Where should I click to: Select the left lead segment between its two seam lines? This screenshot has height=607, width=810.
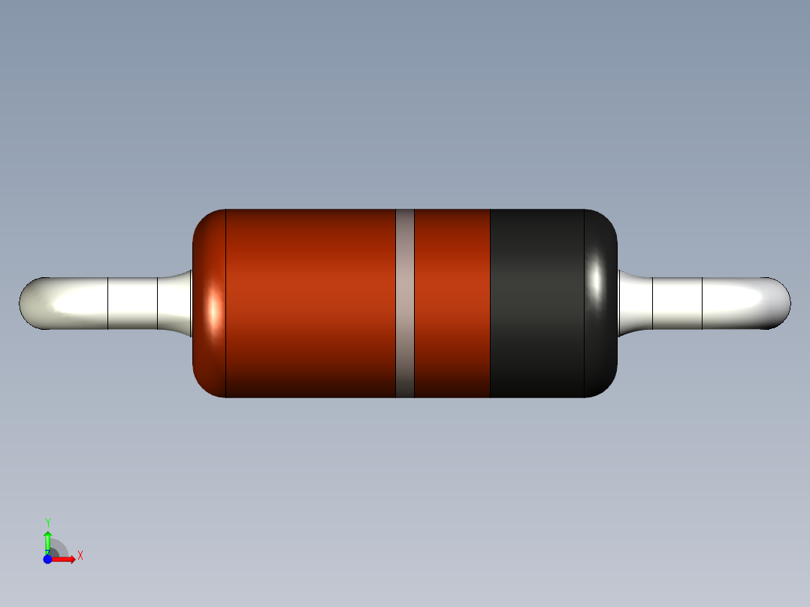(x=132, y=303)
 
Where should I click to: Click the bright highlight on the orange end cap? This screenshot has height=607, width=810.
(x=214, y=309)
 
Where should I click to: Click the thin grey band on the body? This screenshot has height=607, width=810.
(x=405, y=303)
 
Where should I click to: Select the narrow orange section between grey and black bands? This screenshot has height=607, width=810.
(x=452, y=303)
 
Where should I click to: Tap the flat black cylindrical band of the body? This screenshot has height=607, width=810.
(x=536, y=303)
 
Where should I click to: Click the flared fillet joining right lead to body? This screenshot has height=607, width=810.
(x=632, y=303)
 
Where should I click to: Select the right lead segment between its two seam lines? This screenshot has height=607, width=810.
(x=677, y=303)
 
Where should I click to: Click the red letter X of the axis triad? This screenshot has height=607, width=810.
(x=80, y=555)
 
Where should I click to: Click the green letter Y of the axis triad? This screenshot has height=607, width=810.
(x=47, y=522)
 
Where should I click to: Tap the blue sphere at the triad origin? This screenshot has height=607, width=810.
(x=47, y=559)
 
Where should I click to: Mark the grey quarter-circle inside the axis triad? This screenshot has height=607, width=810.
(x=59, y=548)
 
